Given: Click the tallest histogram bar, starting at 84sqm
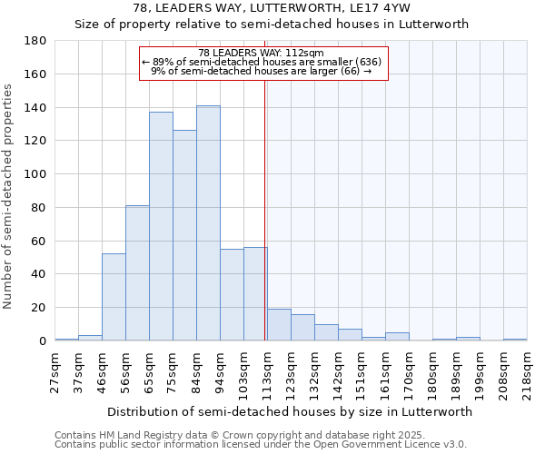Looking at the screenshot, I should coord(208,223).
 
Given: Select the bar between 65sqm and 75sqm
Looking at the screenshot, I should coord(161,226).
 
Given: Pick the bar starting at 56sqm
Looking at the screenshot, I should coord(137,273).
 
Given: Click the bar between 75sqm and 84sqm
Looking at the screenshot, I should coord(184,235).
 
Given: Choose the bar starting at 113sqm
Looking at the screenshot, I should coord(279,325).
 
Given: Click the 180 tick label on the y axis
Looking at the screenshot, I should coord(35,41).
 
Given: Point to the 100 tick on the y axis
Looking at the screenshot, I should coord(35,174).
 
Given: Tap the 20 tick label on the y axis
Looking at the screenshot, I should coord(38,308).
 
